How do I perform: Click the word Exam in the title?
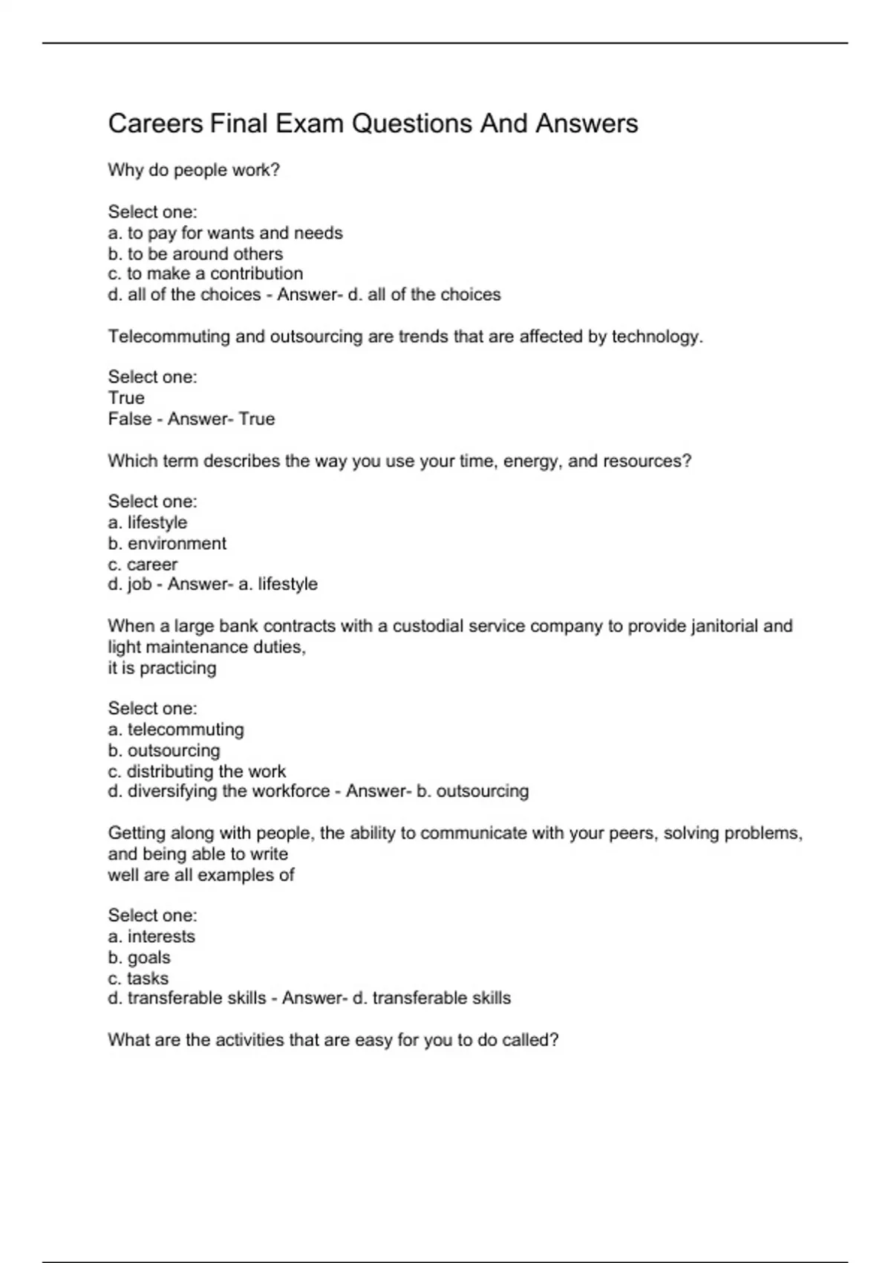pyautogui.click(x=309, y=123)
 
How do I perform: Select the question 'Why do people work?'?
pyautogui.click(x=194, y=170)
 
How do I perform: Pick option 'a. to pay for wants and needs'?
pyautogui.click(x=225, y=233)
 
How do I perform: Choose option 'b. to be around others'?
pyautogui.click(x=195, y=254)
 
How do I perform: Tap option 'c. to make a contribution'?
pyautogui.click(x=205, y=274)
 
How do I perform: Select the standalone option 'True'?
pyautogui.click(x=126, y=398)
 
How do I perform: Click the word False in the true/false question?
pyautogui.click(x=129, y=419)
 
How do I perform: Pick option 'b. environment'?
pyautogui.click(x=167, y=544)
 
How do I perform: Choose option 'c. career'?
pyautogui.click(x=143, y=565)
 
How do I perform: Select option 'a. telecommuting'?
pyautogui.click(x=176, y=730)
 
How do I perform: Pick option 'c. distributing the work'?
pyautogui.click(x=197, y=772)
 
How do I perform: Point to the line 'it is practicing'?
pyautogui.click(x=162, y=668)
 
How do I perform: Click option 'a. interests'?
pyautogui.click(x=151, y=937)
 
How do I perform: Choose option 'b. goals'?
pyautogui.click(x=139, y=958)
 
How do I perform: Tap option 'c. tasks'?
pyautogui.click(x=138, y=978)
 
